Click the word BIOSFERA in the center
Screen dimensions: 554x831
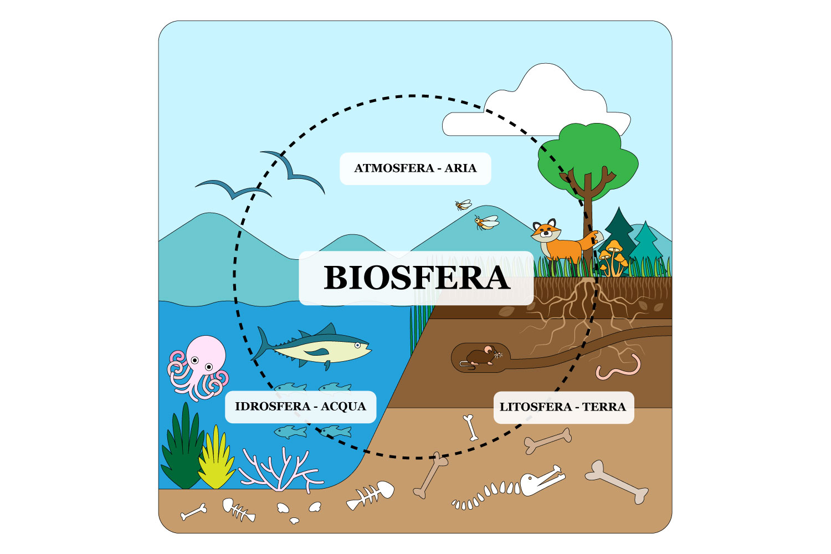tap(416, 278)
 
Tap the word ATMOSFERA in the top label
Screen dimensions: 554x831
tap(394, 168)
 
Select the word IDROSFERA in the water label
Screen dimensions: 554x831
tap(272, 407)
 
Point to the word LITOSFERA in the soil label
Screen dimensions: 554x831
tap(535, 407)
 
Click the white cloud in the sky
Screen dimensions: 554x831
tap(546, 105)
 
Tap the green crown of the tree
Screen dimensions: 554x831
tap(587, 155)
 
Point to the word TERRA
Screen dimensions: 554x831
tap(604, 407)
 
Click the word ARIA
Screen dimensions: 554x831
tap(460, 168)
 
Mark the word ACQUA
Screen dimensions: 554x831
tap(343, 407)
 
